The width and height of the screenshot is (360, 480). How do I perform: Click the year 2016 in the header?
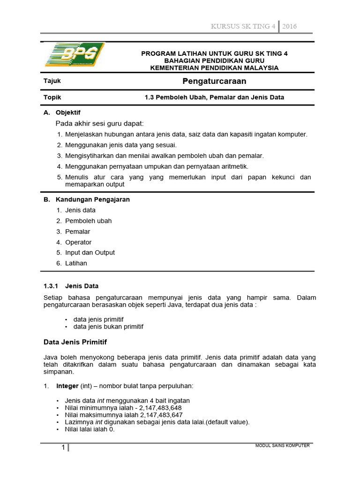[289, 26]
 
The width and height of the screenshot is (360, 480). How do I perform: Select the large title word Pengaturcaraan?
[214, 82]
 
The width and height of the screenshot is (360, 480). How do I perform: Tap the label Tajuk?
[52, 81]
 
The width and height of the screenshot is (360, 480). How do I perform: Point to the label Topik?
[52, 97]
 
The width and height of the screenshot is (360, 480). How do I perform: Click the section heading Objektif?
[68, 112]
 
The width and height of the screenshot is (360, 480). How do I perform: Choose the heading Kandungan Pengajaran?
[92, 199]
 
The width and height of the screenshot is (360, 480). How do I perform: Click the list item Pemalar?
[78, 232]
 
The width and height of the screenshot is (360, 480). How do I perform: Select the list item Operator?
[78, 242]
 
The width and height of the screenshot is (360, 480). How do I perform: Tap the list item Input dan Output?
[90, 253]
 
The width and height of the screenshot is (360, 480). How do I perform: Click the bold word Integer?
[67, 386]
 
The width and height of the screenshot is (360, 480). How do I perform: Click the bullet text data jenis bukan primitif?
[108, 326]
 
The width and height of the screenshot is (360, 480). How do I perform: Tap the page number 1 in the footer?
[63, 448]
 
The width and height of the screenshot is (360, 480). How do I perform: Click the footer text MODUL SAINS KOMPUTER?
[282, 445]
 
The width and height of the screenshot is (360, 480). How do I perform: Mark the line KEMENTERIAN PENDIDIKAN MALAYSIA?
[214, 68]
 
